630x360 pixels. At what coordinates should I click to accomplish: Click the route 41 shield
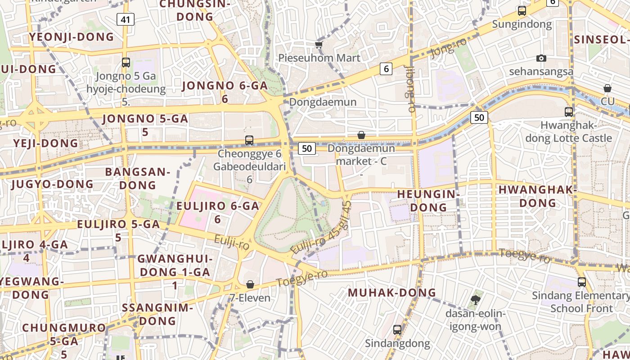coord(126,19)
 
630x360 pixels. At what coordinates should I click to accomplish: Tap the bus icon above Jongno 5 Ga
coord(126,63)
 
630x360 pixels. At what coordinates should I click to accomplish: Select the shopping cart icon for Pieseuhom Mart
coord(319,44)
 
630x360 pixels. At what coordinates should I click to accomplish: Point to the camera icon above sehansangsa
coord(541,58)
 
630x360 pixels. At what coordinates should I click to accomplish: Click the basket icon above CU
coord(607,88)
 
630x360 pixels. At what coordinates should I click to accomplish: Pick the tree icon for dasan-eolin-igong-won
coord(476,300)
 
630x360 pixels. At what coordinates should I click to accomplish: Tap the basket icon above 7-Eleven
coord(250,284)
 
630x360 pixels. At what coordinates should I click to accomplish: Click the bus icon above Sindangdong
coord(397,329)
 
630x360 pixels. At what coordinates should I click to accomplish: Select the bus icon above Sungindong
coord(522,11)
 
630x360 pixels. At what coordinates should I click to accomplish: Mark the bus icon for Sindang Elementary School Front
coord(582,282)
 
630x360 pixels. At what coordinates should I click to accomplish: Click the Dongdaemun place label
coord(323,102)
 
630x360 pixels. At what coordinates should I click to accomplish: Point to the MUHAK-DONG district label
coord(392,292)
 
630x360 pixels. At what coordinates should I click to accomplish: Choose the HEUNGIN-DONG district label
coord(428,201)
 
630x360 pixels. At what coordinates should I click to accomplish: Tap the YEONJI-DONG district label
coord(72,37)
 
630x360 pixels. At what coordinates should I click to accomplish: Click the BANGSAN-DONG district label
coord(137,178)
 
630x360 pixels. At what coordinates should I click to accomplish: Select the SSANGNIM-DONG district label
coord(157,315)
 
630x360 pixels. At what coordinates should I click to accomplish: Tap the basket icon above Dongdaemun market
coord(361,135)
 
